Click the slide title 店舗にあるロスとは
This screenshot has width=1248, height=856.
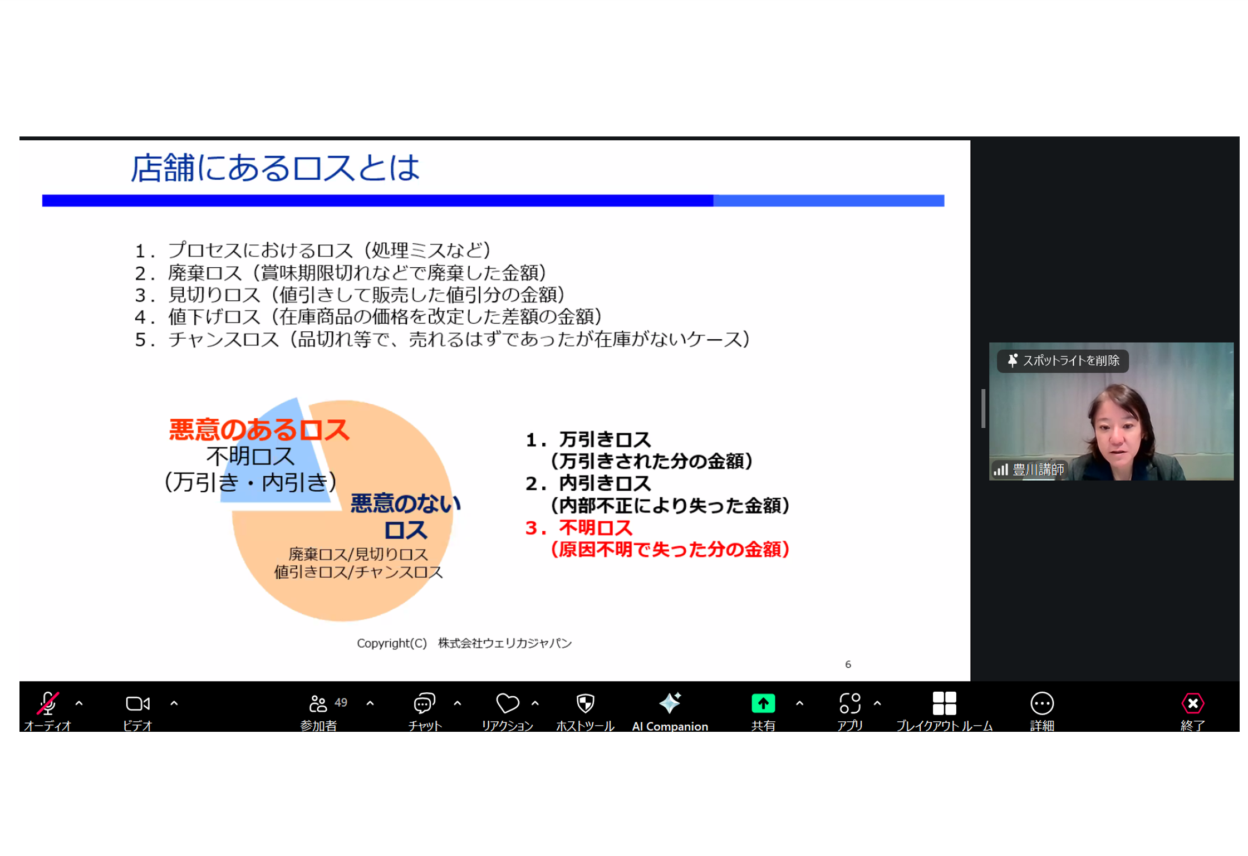pos(275,168)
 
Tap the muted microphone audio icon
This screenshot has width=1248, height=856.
pos(48,703)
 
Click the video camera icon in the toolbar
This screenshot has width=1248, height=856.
pos(137,703)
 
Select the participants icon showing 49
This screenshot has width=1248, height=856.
pos(318,703)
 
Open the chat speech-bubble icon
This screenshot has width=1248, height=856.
pos(424,703)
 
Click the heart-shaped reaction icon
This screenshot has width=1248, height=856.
pos(507,703)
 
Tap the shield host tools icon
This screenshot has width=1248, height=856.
pos(585,703)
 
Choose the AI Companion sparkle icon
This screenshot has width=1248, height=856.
pos(670,703)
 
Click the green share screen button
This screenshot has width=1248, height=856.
pos(763,703)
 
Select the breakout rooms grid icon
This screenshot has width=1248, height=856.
pos(944,703)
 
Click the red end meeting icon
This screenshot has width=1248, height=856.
pos(1192,703)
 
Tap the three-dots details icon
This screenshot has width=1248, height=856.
pos(1041,703)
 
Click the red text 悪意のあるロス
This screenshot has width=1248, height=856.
pos(259,430)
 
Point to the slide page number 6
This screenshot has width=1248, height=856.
pos(848,664)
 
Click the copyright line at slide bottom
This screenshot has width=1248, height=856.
pos(464,643)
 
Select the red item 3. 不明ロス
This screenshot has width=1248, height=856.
pos(579,527)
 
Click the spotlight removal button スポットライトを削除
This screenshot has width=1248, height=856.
pos(1063,360)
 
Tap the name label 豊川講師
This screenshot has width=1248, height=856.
pos(1038,469)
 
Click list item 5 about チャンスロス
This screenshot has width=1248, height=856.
pos(443,339)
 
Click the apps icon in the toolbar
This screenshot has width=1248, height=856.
pos(849,703)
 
